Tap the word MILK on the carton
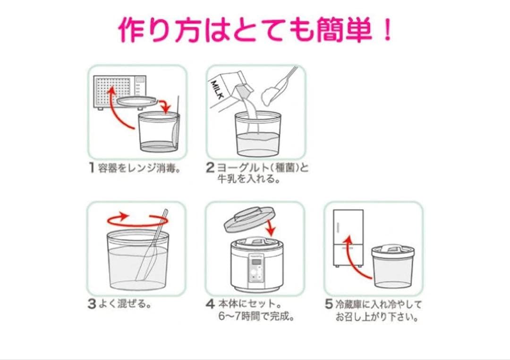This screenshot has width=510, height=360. pos(218,90)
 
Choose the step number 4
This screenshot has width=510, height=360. pos(210,304)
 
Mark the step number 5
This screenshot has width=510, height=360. pos(329,304)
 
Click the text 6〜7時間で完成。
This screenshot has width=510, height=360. pos(256,317)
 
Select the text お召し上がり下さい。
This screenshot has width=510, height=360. pos(377,317)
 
